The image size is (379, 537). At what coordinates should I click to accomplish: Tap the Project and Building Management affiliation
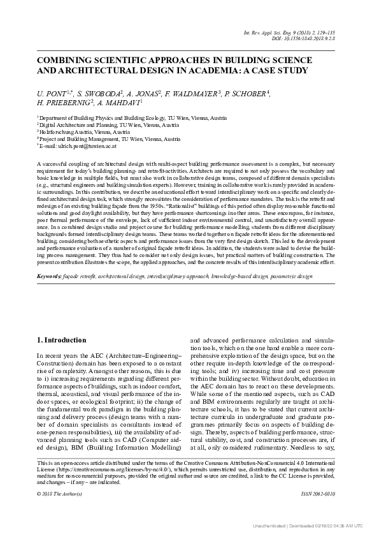[101, 138]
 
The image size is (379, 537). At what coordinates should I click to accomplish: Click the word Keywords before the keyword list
[48, 294]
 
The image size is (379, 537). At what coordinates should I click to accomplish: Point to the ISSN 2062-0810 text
[321, 494]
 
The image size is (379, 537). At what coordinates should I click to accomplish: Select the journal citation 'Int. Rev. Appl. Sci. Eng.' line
[301, 31]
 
